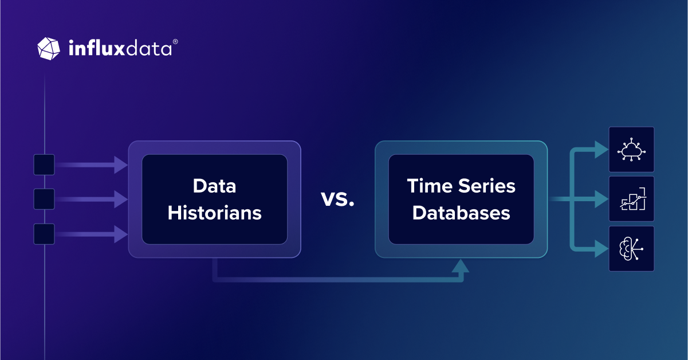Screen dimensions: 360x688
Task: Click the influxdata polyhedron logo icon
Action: [x=49, y=48]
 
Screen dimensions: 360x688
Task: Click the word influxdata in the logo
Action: [x=120, y=49]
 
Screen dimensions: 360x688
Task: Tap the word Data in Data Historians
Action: [x=214, y=186]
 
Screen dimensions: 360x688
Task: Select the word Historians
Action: [x=214, y=213]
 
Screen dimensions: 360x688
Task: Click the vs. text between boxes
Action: [x=337, y=200]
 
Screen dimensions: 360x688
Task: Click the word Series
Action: [x=488, y=186]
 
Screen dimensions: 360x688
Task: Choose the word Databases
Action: [x=461, y=213]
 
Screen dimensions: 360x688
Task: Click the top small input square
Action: [x=44, y=165]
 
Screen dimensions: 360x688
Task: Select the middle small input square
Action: [x=44, y=199]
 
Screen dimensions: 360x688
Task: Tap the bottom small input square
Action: [x=44, y=234]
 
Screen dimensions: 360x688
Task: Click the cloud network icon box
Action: [x=631, y=150]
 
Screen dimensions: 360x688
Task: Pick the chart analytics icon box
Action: [x=631, y=199]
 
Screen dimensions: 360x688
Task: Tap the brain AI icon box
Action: [x=631, y=248]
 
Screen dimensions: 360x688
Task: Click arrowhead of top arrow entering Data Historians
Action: [x=121, y=165]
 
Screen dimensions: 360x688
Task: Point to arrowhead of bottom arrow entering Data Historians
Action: [x=121, y=234]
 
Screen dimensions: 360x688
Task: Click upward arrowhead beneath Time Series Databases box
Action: [x=461, y=265]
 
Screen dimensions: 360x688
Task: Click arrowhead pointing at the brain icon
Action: [x=601, y=249]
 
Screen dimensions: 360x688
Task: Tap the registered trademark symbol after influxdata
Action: [x=175, y=42]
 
